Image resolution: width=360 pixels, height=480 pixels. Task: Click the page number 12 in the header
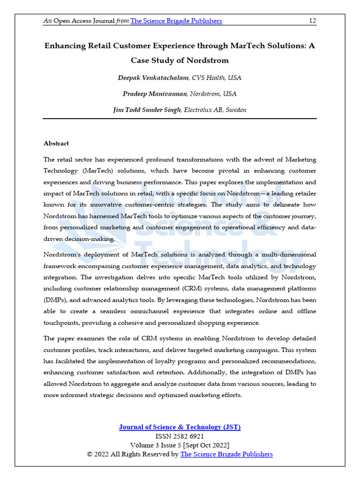click(312, 21)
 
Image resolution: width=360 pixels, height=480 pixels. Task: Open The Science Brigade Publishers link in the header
click(176, 21)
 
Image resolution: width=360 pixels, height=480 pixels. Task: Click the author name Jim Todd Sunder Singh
click(147, 110)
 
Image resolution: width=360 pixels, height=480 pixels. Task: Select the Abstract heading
click(56, 143)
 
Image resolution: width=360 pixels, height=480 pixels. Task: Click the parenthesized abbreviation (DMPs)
click(56, 300)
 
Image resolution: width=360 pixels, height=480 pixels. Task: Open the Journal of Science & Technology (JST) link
click(180, 427)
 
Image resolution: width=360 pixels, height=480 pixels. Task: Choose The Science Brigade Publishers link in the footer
click(226, 454)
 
